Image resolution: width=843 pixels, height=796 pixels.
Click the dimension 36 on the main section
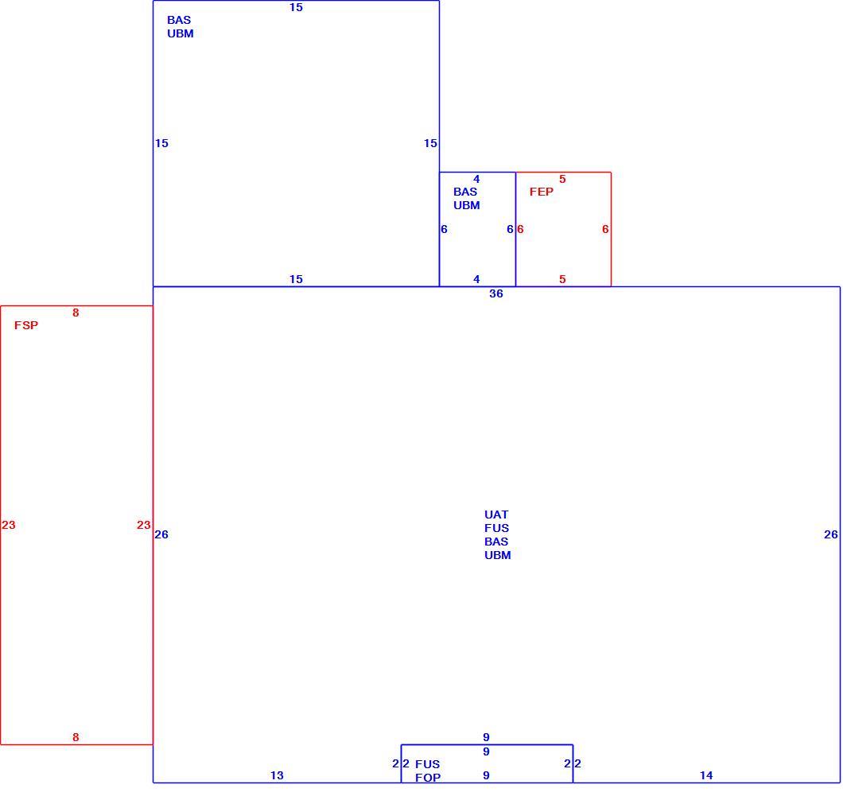pyautogui.click(x=495, y=293)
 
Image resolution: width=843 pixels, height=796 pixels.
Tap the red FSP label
pyautogui.click(x=25, y=325)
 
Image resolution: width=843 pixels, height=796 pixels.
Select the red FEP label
pyautogui.click(x=541, y=192)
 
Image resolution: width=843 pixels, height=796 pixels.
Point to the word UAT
pyautogui.click(x=495, y=514)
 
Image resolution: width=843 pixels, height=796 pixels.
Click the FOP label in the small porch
pyautogui.click(x=427, y=777)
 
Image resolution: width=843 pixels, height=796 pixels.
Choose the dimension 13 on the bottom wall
pyautogui.click(x=276, y=775)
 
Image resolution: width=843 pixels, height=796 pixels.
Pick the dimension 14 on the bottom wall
pyautogui.click(x=706, y=775)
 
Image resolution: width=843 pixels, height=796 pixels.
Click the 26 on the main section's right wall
pyautogui.click(x=830, y=534)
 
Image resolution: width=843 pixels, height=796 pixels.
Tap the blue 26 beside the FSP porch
pyautogui.click(x=161, y=534)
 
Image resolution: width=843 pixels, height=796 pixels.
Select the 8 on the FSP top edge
pyautogui.click(x=76, y=313)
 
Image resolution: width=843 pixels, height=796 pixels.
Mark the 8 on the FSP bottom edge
pyautogui.click(x=76, y=737)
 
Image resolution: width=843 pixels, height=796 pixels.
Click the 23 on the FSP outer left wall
pyautogui.click(x=9, y=525)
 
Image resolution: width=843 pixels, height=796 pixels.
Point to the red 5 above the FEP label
pyautogui.click(x=562, y=179)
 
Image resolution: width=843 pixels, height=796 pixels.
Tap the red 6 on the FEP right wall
pyautogui.click(x=605, y=229)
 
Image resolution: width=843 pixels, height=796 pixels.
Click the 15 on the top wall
pyautogui.click(x=296, y=7)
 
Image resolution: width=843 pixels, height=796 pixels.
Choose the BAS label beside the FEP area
pyautogui.click(x=465, y=192)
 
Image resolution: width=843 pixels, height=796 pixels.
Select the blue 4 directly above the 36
pyautogui.click(x=476, y=279)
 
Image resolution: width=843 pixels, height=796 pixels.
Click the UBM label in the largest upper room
pyautogui.click(x=180, y=33)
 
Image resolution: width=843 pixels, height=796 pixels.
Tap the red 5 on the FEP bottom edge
pyautogui.click(x=562, y=279)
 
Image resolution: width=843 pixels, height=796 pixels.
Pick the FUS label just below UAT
pyautogui.click(x=496, y=528)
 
